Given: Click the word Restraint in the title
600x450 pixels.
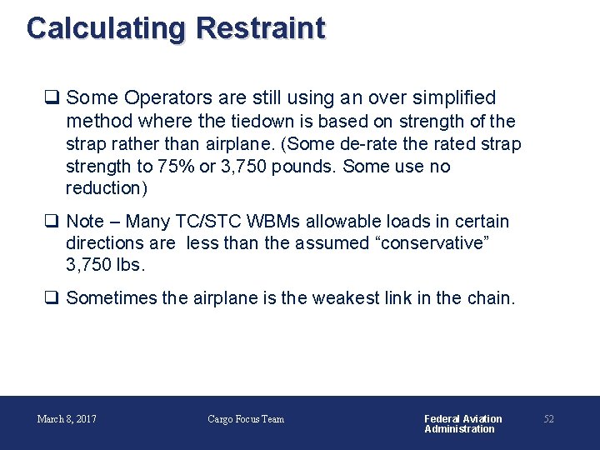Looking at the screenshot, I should [260, 28].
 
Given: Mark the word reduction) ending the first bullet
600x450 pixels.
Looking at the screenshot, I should [107, 187].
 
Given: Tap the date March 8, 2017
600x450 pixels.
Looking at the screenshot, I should [67, 419].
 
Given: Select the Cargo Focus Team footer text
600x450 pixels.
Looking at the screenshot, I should [246, 419].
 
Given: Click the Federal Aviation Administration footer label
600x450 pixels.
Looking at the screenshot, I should [462, 423].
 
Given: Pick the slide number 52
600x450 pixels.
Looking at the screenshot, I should [548, 419].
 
